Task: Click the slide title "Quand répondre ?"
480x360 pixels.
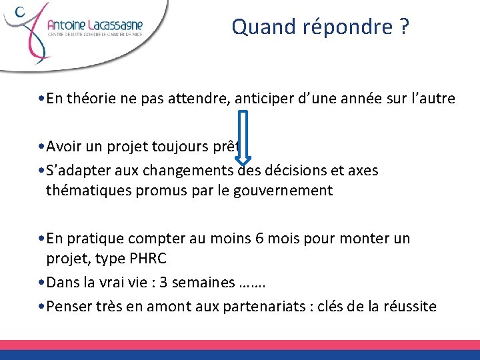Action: [x=320, y=27]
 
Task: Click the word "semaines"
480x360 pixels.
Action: [x=209, y=282]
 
